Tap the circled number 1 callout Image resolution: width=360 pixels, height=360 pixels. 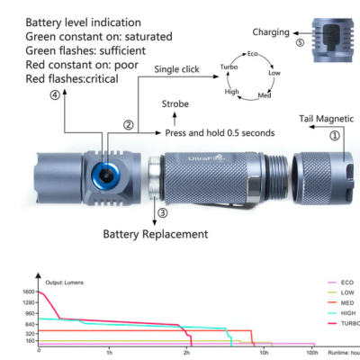(x=335, y=136)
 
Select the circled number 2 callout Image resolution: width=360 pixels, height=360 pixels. (x=129, y=125)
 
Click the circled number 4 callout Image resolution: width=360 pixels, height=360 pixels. (x=56, y=94)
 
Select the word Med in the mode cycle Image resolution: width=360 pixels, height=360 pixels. (x=264, y=94)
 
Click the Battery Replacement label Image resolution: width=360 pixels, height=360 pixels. (x=155, y=234)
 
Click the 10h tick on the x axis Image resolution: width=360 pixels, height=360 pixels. (x=264, y=354)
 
